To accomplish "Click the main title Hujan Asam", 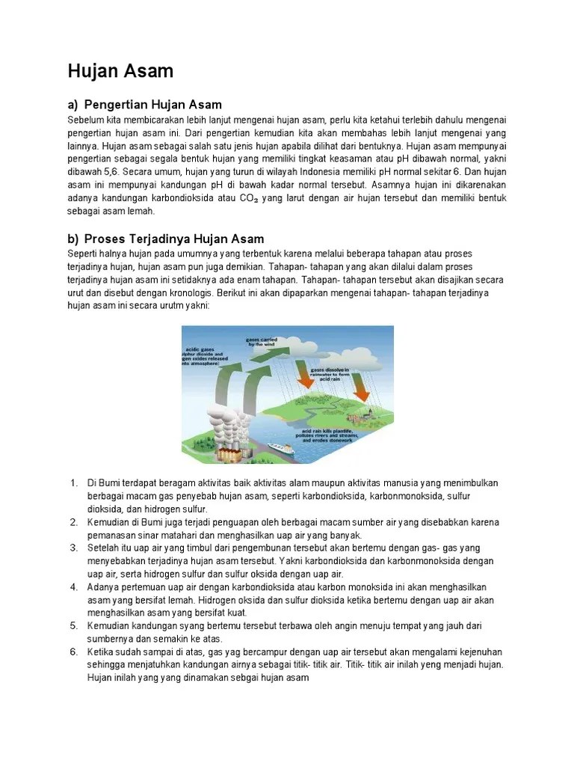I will click(x=120, y=72).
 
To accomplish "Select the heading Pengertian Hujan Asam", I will click(x=153, y=104).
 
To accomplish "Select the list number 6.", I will click(x=73, y=652).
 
